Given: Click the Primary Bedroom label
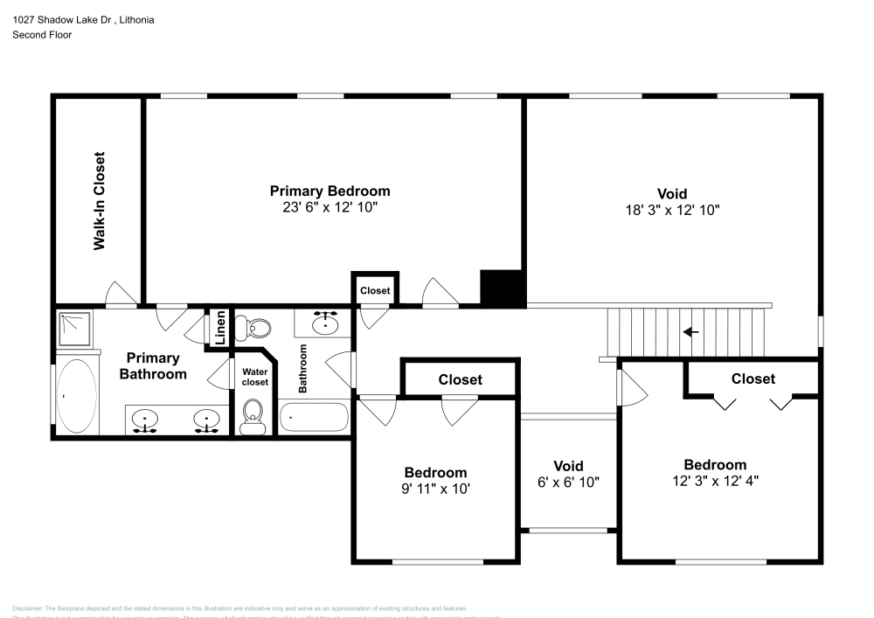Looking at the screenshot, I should pyautogui.click(x=329, y=191).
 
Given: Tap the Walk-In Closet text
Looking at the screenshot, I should pyautogui.click(x=100, y=202).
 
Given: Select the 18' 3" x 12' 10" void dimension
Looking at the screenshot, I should pyautogui.click(x=671, y=210).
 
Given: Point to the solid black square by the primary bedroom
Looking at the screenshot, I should pyautogui.click(x=502, y=288).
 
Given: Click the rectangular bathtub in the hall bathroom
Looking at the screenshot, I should pyautogui.click(x=314, y=417).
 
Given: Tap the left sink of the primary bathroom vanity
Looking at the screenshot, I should pyautogui.click(x=144, y=421).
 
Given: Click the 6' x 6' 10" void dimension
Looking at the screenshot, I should pyautogui.click(x=568, y=482).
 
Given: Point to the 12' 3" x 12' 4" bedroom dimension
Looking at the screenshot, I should pyautogui.click(x=715, y=481).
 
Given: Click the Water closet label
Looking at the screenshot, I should pyautogui.click(x=254, y=377).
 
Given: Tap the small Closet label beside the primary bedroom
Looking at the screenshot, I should pyautogui.click(x=375, y=290).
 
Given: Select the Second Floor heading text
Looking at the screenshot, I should pyautogui.click(x=42, y=35).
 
